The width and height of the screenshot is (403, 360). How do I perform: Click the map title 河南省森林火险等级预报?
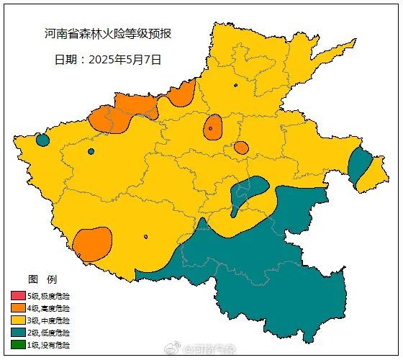(107, 34)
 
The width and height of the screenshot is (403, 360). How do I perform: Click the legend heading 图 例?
(42, 279)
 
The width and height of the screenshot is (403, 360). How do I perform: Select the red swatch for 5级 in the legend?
(18, 296)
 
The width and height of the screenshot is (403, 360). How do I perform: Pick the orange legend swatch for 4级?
(18, 308)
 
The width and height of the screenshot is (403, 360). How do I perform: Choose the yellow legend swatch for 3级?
(18, 320)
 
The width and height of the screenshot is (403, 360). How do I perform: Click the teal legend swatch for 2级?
(18, 333)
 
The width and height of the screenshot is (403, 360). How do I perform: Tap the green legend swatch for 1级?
(18, 345)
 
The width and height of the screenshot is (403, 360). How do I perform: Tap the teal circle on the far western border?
(42, 140)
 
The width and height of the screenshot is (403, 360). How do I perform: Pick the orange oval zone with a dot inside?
(212, 127)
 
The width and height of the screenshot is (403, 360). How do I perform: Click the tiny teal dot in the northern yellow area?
(235, 86)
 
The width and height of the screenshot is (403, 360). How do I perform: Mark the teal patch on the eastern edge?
(358, 164)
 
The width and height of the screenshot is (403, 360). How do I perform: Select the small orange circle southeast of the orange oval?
(241, 148)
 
